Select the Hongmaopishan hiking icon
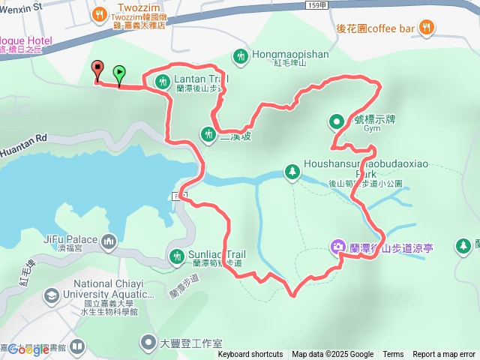240,55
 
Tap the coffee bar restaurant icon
427,28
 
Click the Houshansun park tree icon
291,172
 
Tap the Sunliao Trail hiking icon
176,256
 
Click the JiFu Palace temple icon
109,241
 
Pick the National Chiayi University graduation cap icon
51,295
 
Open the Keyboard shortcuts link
250,355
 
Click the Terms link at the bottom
393,355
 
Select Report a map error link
445,355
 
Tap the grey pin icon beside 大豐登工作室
148,343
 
